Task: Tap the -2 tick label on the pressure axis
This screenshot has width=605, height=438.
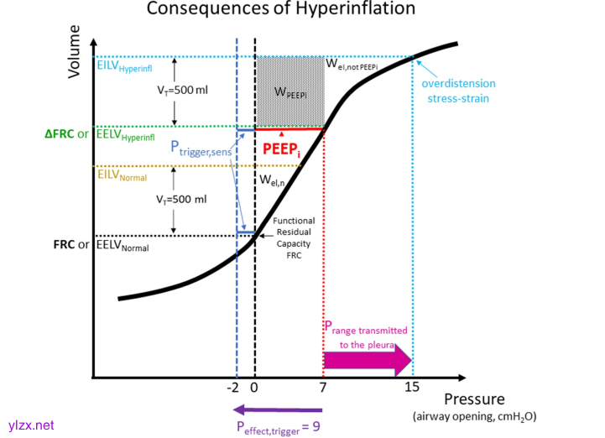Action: (234, 388)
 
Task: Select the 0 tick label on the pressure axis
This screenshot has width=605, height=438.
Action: (254, 388)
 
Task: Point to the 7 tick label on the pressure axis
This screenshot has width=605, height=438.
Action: (323, 388)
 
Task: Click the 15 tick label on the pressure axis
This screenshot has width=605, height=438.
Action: (412, 388)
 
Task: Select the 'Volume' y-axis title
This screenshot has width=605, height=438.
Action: (75, 51)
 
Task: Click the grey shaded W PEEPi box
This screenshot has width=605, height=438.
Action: (289, 91)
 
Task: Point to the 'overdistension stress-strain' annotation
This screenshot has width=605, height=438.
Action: (458, 91)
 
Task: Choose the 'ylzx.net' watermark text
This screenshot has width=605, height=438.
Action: (30, 425)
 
